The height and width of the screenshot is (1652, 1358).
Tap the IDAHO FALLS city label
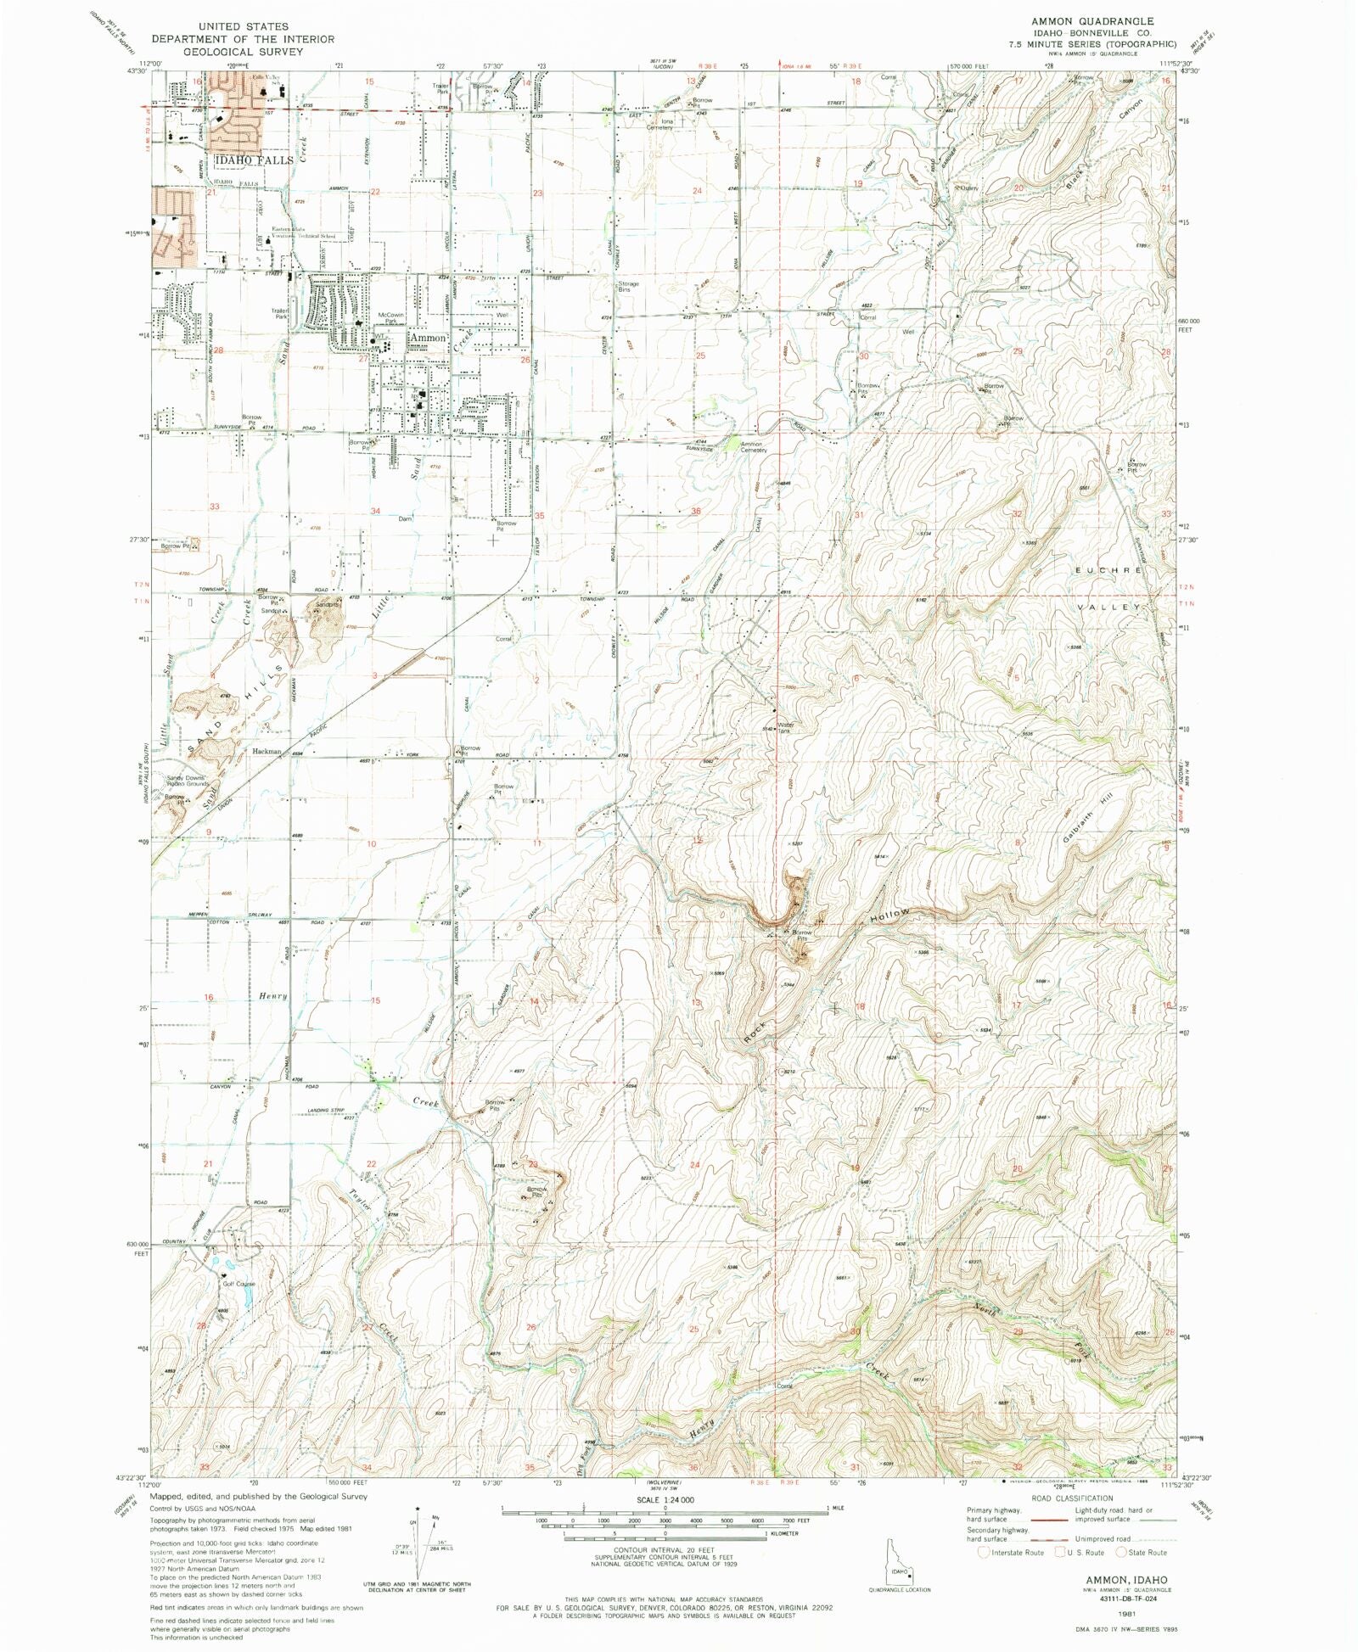tap(254, 160)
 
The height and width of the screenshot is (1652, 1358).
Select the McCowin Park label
tap(390, 318)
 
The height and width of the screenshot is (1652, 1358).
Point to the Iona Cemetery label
tap(661, 125)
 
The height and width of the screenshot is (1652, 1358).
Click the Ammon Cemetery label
tap(753, 447)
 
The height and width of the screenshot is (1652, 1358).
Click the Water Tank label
tap(785, 727)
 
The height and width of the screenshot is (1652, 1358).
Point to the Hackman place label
tap(267, 752)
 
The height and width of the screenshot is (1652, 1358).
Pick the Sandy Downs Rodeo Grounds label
tap(187, 781)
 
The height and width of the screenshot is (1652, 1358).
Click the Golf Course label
tap(238, 1284)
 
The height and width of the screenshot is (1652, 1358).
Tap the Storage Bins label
tap(628, 287)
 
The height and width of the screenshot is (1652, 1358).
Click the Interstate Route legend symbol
tap(983, 1552)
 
